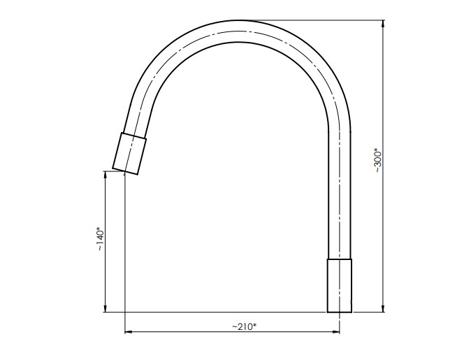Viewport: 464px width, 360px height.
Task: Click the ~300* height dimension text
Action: coord(379,160)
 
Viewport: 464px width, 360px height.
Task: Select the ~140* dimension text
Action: coord(100,239)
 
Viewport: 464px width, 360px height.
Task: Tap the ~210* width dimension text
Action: coord(244,326)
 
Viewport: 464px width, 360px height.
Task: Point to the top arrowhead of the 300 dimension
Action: coord(383,24)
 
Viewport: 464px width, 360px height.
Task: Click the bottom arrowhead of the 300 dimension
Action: coord(383,308)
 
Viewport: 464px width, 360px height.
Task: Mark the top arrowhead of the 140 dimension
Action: coord(106,175)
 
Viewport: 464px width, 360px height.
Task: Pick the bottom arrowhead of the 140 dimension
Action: coord(106,308)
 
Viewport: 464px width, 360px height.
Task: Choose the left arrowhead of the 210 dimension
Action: coord(129,332)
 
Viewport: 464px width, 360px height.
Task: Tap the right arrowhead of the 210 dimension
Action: coord(335,332)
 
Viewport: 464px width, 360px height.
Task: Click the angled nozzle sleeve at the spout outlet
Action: coord(129,153)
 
